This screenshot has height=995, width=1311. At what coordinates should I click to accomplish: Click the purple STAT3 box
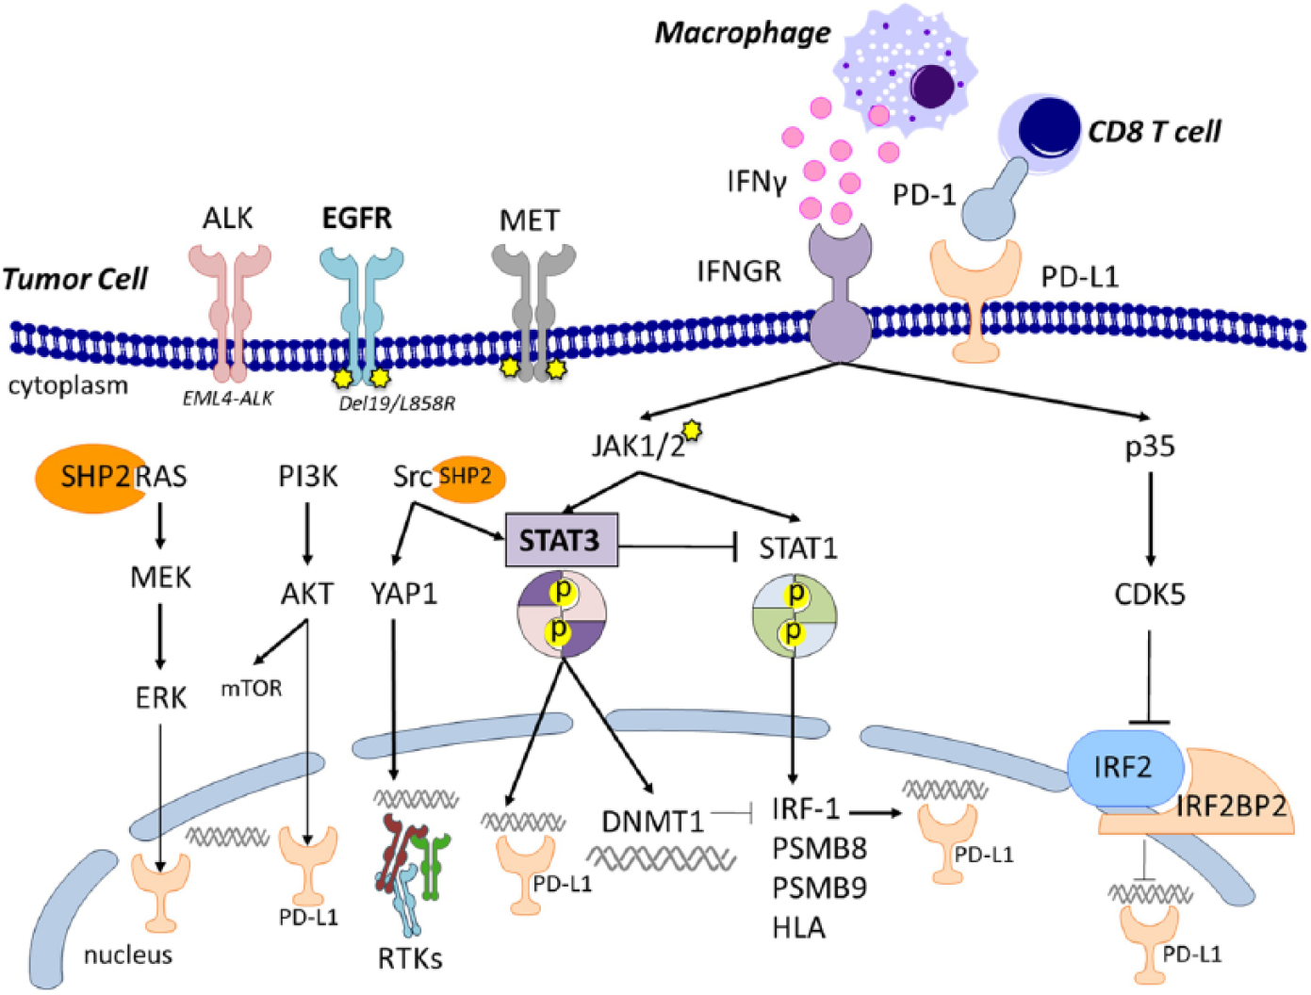click(x=562, y=540)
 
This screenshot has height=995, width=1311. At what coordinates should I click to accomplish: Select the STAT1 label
click(x=798, y=548)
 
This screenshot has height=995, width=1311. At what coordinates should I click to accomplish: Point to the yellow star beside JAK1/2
click(x=693, y=431)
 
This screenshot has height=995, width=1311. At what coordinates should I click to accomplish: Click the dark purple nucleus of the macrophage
click(x=930, y=87)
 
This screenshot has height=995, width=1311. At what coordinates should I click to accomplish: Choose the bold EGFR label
click(x=357, y=219)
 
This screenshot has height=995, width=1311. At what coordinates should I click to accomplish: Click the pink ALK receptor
click(x=230, y=314)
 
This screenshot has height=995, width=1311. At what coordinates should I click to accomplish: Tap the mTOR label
click(x=252, y=689)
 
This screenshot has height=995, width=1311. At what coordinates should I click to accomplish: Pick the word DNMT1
click(x=652, y=822)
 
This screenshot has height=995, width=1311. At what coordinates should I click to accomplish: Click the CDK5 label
click(x=1150, y=595)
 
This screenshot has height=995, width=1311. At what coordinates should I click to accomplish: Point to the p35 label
click(x=1150, y=448)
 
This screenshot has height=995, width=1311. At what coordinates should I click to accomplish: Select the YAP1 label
click(x=404, y=595)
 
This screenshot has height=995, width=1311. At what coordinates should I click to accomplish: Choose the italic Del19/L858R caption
click(x=397, y=403)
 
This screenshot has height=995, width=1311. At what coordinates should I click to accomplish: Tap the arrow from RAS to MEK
click(x=160, y=526)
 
